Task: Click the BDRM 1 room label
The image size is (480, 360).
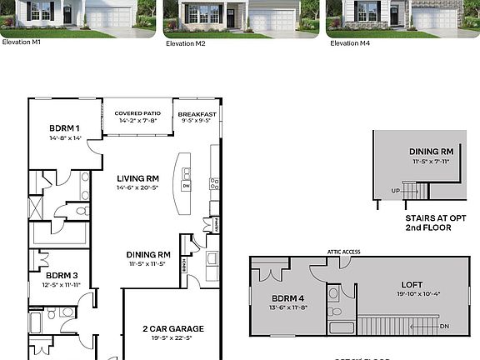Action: [x=64, y=127]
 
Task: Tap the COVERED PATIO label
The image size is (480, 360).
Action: [x=138, y=113]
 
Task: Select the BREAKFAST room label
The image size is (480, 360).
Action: [x=197, y=114]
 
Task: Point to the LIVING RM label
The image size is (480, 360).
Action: [x=137, y=177]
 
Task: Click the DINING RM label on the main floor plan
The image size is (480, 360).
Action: [x=148, y=254]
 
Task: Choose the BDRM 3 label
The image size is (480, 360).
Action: [x=62, y=275]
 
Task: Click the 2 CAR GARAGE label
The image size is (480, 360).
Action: [x=172, y=328]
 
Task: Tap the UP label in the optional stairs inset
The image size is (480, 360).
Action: [x=395, y=190]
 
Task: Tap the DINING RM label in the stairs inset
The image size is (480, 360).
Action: [x=432, y=152]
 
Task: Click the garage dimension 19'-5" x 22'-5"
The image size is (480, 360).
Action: [x=172, y=339]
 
